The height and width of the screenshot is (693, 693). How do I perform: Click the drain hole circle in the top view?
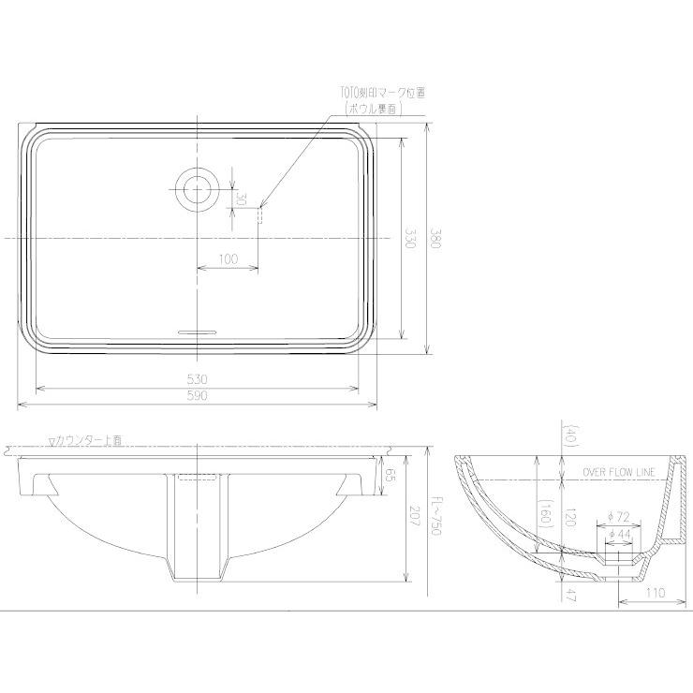(x=198, y=188)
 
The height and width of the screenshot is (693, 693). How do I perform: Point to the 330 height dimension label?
(x=409, y=239)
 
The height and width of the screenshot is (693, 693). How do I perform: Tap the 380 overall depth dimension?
(x=434, y=239)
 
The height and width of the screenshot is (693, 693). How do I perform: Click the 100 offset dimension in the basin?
(x=228, y=259)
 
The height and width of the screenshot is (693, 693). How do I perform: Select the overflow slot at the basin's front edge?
(x=198, y=332)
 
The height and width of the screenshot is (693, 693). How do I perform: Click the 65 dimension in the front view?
(x=388, y=475)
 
